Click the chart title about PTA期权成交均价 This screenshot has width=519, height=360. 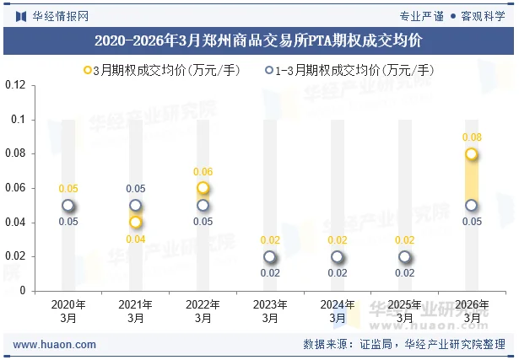point(259,40)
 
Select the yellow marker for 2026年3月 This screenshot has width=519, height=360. point(472,154)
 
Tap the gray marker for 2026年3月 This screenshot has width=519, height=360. point(472,206)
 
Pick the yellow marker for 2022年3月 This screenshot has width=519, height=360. point(203,188)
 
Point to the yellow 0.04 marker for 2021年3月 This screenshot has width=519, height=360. point(135,223)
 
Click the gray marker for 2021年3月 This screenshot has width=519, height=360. point(135,206)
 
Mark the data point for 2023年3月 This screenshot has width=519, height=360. point(270,257)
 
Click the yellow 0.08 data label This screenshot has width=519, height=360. point(472,137)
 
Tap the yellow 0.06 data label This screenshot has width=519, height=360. point(203,172)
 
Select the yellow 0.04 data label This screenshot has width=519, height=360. point(135,239)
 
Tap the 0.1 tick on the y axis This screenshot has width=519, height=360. point(19,120)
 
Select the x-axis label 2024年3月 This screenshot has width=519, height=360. point(338,311)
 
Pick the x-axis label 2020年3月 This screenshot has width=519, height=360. point(68,311)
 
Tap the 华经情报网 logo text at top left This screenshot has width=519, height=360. point(51,14)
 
